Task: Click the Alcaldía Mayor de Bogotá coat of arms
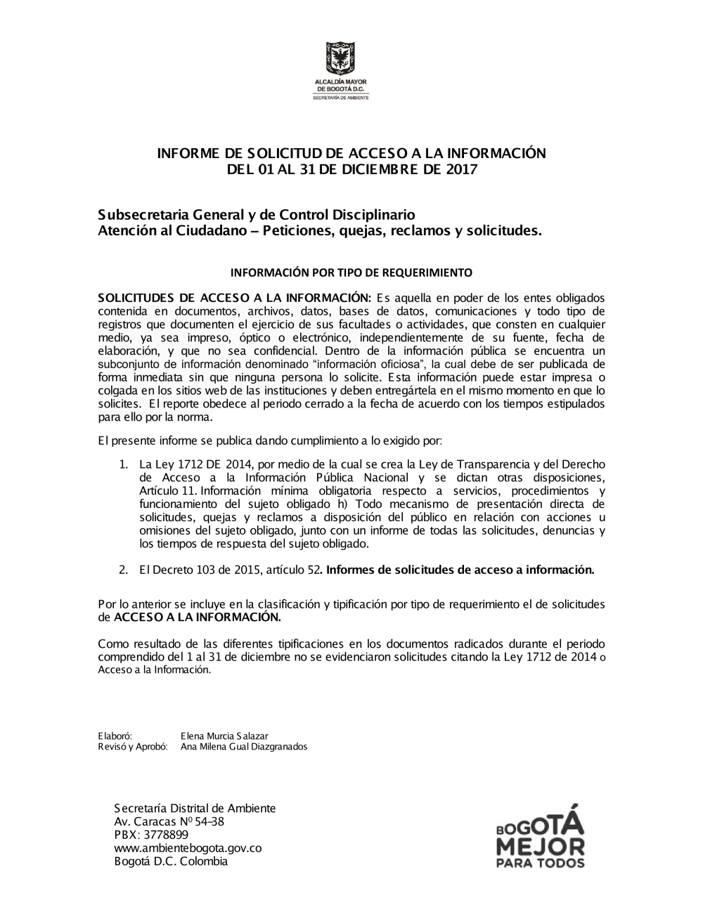coord(340,59)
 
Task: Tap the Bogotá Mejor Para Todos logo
coord(540,835)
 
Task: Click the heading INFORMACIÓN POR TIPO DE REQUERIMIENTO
coord(351,272)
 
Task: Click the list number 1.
coord(122,464)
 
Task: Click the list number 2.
coord(122,570)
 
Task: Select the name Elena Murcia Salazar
coord(224,735)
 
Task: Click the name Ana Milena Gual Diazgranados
coord(243,747)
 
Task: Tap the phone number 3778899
coord(165,835)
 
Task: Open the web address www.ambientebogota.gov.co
coord(188,848)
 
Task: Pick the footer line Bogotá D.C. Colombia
coord(171,861)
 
